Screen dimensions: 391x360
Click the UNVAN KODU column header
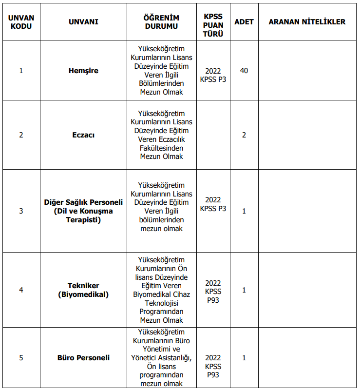21,22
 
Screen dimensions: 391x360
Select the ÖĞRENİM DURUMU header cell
161,22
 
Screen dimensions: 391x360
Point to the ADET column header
244,22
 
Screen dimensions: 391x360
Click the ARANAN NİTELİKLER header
307,22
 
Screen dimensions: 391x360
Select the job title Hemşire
83,71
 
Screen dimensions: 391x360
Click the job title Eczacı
83,135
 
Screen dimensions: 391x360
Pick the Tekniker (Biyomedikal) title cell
83,290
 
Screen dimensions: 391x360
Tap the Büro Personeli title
83,358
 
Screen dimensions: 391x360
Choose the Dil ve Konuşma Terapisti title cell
83,211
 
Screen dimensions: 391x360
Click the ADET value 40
244,71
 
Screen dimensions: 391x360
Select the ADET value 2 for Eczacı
244,135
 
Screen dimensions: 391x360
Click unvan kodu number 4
21,290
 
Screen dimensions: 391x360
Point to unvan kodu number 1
21,71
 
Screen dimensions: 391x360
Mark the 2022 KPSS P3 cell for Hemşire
213,75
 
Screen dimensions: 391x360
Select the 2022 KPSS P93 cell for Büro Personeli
213,366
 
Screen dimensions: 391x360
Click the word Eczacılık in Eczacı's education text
169,139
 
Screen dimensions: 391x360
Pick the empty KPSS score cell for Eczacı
213,135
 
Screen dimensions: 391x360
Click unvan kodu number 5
21,358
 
